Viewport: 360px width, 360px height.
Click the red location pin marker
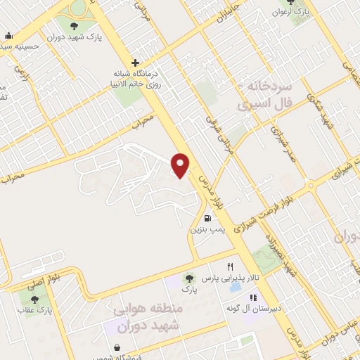tap(181, 165)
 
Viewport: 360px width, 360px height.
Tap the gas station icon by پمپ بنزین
tap(207, 218)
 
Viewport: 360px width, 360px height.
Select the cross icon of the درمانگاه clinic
tap(135, 63)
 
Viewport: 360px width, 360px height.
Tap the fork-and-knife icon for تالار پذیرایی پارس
tap(230, 267)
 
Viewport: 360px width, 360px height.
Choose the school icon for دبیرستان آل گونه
tap(233, 289)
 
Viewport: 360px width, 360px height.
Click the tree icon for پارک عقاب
tap(35, 300)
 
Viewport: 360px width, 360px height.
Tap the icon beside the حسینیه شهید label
tap(8, 36)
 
